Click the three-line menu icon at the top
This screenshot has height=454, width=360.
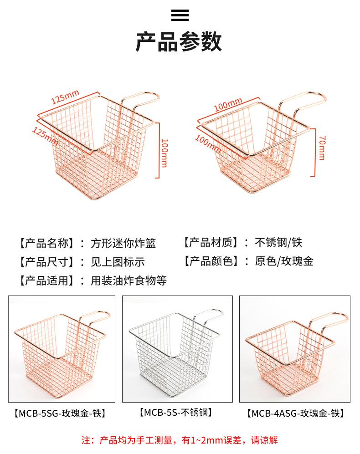click(180, 15)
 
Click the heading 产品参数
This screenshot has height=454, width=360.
click(179, 42)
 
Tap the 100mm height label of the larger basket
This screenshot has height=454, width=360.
click(165, 153)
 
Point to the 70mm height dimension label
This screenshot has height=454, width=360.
click(322, 148)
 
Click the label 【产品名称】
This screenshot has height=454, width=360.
click(47, 243)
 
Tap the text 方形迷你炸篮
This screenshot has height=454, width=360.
click(123, 243)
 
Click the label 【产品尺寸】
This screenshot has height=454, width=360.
click(47, 262)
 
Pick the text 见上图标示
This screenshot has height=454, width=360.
click(118, 262)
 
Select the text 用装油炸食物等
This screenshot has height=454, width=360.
click(129, 280)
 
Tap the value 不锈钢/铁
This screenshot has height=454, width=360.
click(278, 242)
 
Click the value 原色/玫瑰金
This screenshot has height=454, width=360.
click(284, 261)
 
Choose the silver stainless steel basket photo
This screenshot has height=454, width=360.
click(177, 349)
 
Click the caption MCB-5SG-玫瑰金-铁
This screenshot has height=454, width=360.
click(60, 413)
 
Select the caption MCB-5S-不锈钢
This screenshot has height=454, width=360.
click(176, 412)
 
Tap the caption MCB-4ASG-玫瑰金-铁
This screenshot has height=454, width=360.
click(295, 413)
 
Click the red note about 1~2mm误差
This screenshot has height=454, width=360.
click(180, 440)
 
